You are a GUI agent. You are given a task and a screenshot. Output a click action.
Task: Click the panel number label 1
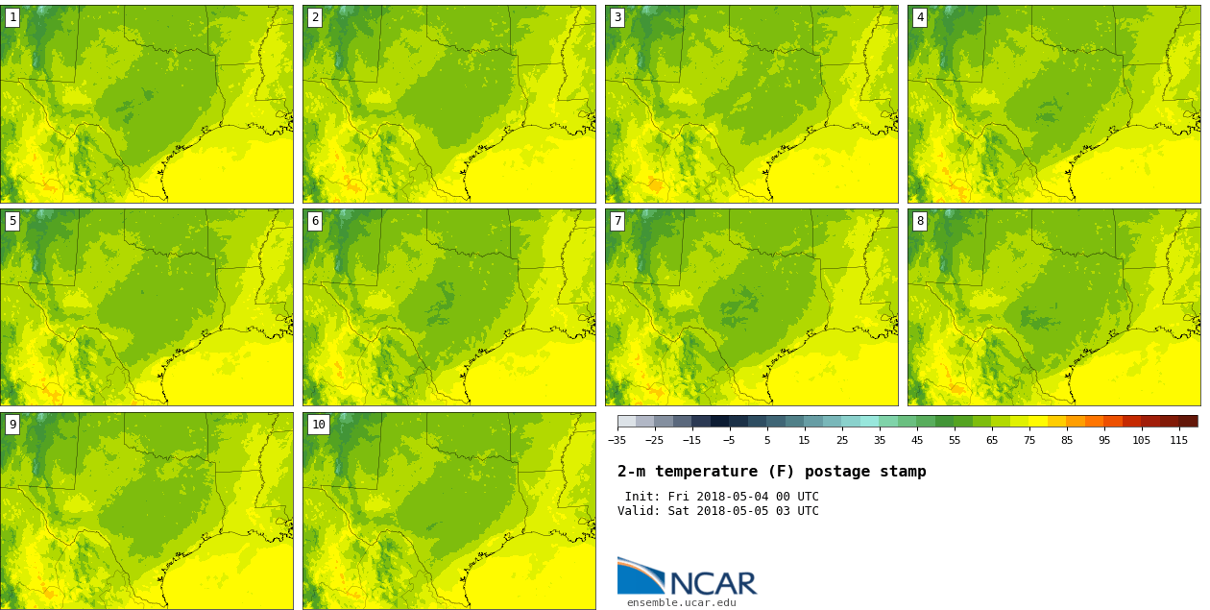(12, 17)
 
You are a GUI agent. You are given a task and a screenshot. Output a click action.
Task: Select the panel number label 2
(315, 17)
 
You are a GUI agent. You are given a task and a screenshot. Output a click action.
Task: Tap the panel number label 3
(617, 17)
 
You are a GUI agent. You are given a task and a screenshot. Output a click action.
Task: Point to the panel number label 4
(920, 17)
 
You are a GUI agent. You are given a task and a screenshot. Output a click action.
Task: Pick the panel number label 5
(12, 221)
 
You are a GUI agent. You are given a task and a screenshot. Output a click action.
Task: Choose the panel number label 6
(315, 221)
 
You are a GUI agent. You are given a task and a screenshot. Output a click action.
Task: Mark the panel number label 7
(617, 221)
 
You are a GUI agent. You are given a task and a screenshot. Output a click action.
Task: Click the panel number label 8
(920, 221)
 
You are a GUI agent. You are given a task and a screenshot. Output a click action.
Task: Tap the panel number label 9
(12, 425)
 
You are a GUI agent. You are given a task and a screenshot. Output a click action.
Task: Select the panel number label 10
(318, 425)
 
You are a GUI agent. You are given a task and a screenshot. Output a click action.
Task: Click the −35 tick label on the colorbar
(617, 441)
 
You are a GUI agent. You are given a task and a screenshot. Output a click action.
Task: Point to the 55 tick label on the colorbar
(955, 441)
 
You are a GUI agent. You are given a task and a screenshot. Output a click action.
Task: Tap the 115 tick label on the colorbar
(1179, 441)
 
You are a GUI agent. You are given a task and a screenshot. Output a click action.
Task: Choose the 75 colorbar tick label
(1029, 441)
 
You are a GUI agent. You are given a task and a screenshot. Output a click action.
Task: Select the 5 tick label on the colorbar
(766, 441)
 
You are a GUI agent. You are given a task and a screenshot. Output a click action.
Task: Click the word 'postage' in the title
(833, 472)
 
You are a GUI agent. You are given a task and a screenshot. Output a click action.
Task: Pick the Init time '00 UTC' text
(796, 497)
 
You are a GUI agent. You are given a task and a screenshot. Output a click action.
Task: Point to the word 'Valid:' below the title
(639, 511)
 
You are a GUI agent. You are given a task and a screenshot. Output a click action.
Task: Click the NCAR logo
(687, 576)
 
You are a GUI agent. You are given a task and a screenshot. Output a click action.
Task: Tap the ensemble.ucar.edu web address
(681, 602)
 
